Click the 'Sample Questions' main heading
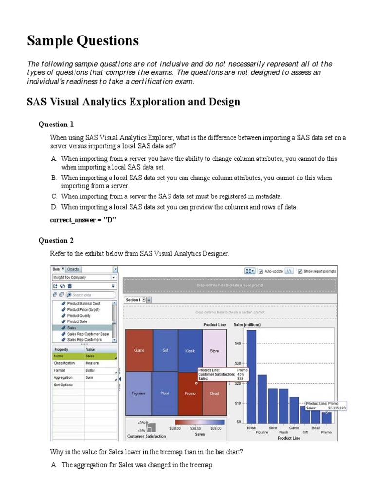[83, 41]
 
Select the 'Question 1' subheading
[56, 124]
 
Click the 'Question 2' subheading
[56, 240]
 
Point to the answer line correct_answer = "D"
[83, 220]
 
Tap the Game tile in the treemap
[139, 350]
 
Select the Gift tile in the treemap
[165, 350]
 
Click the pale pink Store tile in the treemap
[214, 350]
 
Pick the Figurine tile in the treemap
[139, 393]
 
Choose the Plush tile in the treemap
[165, 393]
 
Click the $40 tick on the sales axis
[238, 343]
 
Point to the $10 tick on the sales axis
[238, 403]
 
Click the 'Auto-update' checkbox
[261, 271]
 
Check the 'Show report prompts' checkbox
[300, 271]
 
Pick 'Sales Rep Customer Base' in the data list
[88, 334]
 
